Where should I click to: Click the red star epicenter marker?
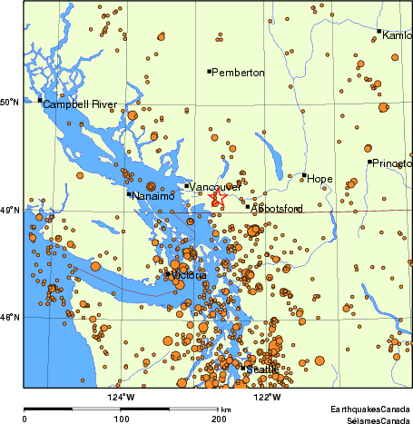[218, 198]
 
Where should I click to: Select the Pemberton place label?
[238, 72]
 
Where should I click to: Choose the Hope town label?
[320, 179]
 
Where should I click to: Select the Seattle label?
[262, 369]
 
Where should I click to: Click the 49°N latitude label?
[10, 211]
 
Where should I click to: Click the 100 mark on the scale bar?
[121, 419]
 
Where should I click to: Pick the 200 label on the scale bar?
[218, 419]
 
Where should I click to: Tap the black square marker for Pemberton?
[209, 71]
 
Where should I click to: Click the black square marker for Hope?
[304, 175]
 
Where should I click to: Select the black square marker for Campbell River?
[40, 101]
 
